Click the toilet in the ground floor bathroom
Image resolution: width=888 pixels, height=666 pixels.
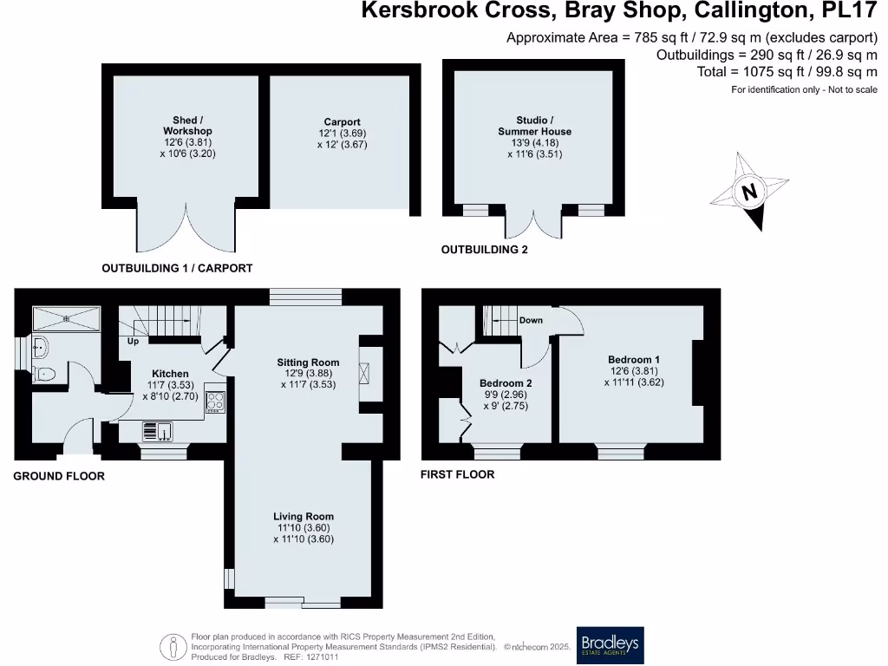(x=44, y=374)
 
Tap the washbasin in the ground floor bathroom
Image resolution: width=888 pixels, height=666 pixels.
(x=40, y=347)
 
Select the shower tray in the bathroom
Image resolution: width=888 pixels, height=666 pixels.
(x=66, y=319)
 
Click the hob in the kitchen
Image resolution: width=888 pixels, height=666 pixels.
(x=215, y=401)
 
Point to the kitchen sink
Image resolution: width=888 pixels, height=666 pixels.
(x=158, y=432)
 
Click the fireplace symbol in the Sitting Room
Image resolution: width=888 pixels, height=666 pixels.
(x=365, y=374)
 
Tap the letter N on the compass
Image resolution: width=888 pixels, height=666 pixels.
(x=749, y=192)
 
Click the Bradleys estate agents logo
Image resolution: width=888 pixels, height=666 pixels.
(x=610, y=644)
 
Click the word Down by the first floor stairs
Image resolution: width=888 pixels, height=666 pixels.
(x=531, y=320)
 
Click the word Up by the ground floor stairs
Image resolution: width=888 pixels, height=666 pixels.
(x=133, y=341)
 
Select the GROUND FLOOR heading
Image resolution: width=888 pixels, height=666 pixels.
(x=59, y=476)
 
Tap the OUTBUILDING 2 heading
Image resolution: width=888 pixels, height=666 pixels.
(x=484, y=250)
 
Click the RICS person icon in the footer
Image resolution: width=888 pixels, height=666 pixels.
(x=173, y=647)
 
